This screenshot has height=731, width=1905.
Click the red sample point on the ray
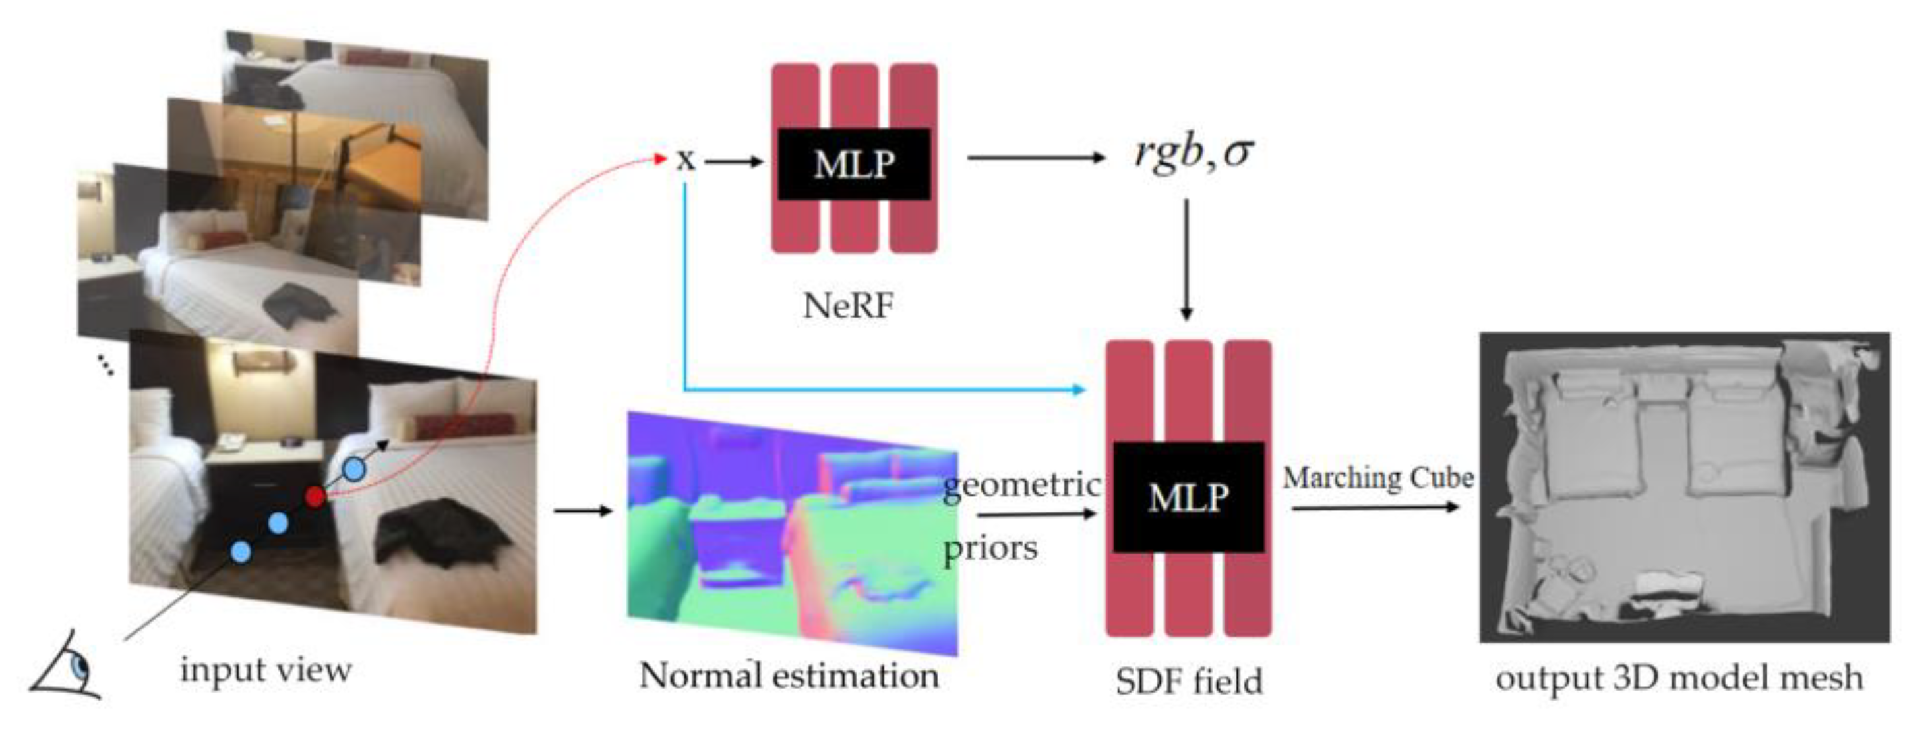[315, 496]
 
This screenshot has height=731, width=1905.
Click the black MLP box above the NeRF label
[853, 163]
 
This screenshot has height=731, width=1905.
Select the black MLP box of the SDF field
[1188, 497]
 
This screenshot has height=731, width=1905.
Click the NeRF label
[847, 305]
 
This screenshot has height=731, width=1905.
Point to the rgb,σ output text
[1194, 154]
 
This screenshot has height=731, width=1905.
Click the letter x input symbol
[686, 160]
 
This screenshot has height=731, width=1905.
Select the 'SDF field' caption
[1188, 681]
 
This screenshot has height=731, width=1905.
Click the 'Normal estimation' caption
[789, 675]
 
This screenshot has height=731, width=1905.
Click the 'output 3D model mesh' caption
[1679, 678]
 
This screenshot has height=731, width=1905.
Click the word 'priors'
[990, 548]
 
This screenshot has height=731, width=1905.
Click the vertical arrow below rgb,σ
[1186, 258]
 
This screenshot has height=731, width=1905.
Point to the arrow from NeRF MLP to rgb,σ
[1035, 158]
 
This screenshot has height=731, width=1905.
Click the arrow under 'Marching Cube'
[1376, 507]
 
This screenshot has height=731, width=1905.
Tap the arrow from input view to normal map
[583, 510]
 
